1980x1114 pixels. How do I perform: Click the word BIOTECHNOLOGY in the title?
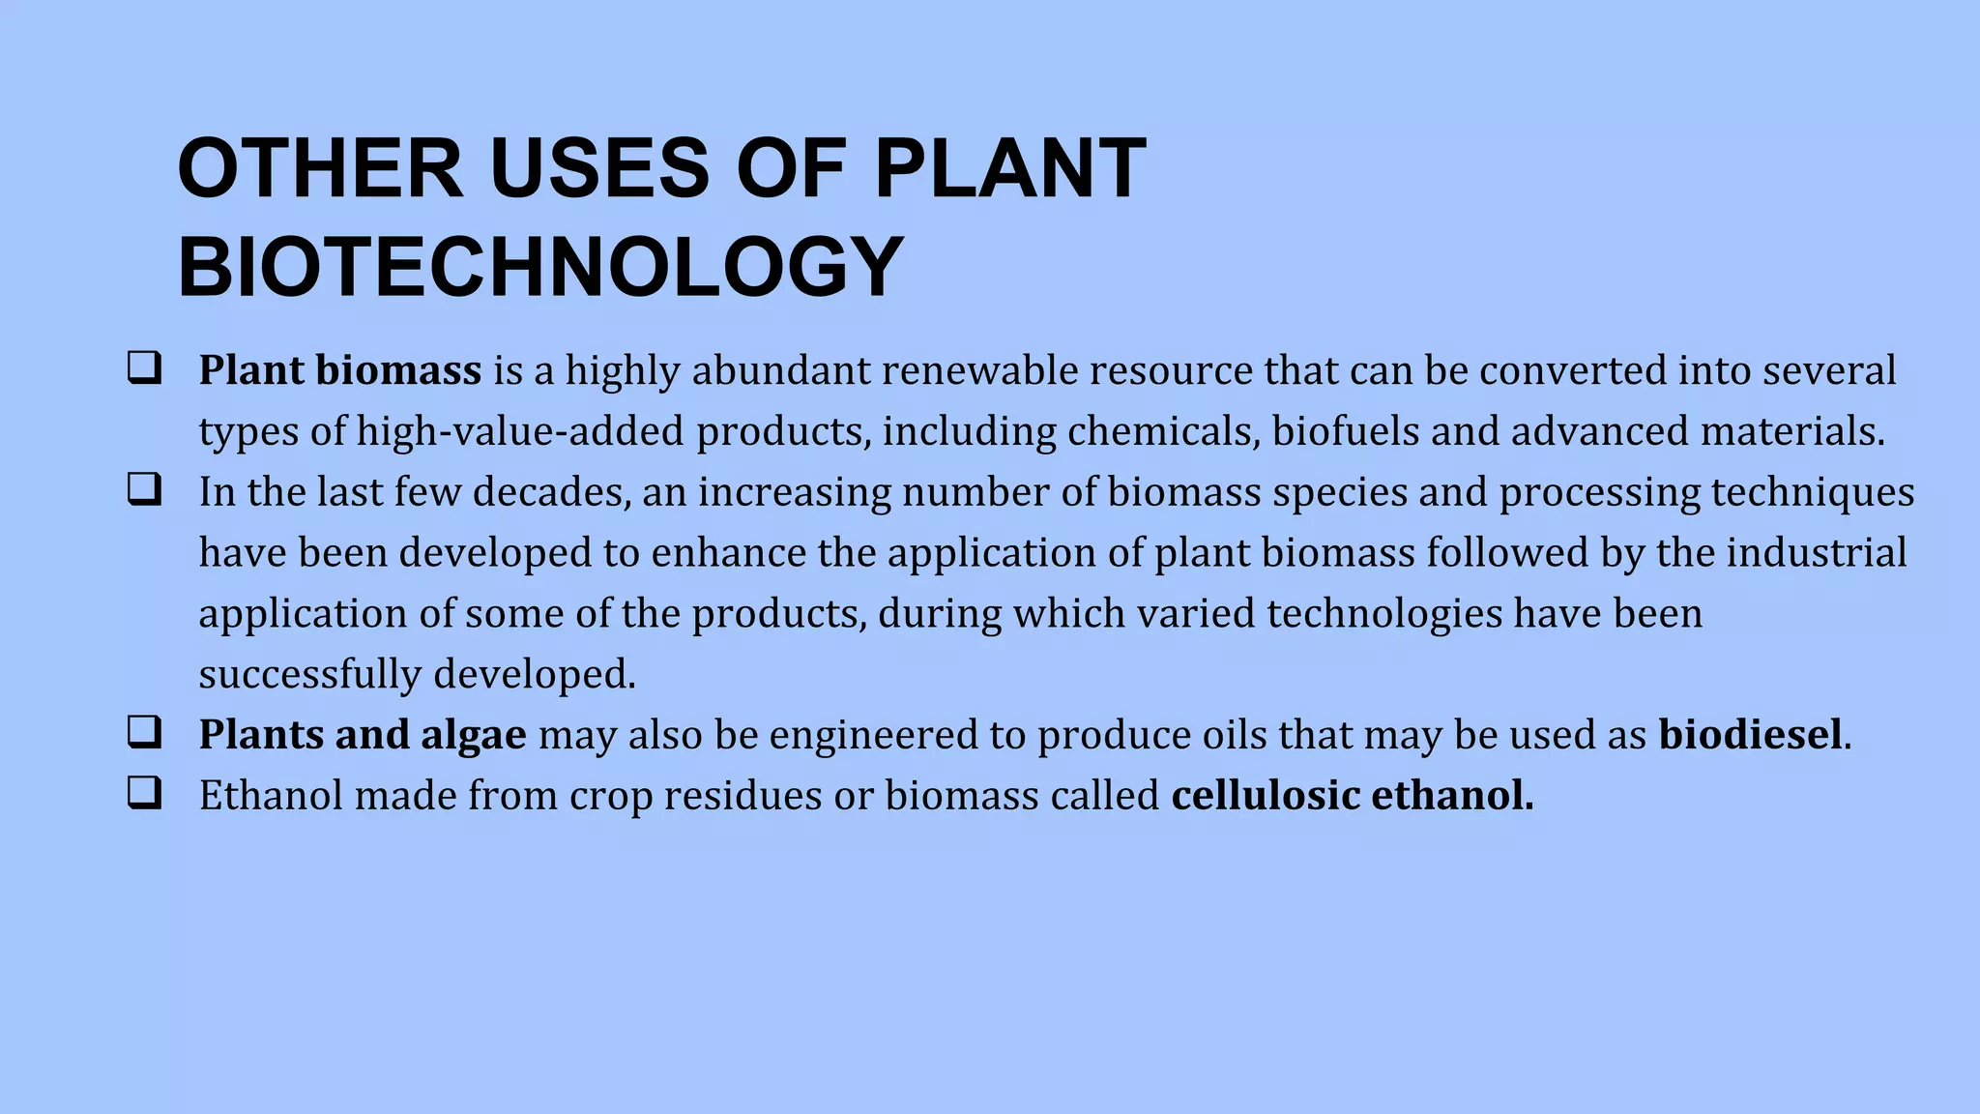(540, 267)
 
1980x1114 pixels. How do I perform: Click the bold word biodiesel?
(1750, 735)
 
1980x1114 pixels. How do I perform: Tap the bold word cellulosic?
(1266, 796)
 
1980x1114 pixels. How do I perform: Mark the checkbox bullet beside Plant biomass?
(144, 368)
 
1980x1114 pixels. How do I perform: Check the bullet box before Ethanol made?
(144, 794)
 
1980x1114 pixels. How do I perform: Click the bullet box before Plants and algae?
(144, 733)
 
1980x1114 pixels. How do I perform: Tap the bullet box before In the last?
(144, 490)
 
